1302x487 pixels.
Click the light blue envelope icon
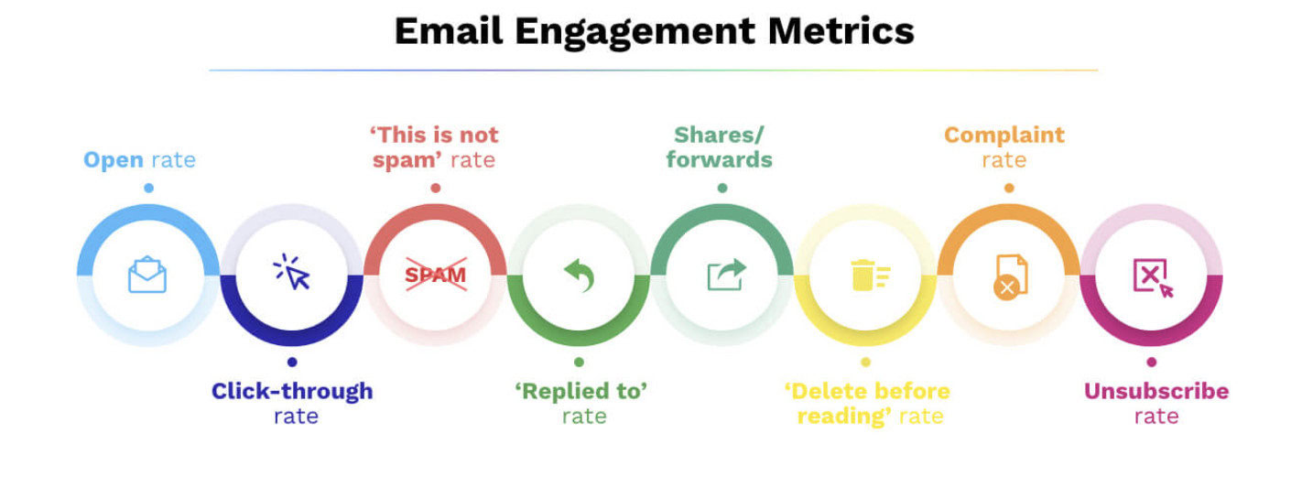(147, 275)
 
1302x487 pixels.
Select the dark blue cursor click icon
(292, 273)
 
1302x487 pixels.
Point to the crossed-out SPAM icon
(436, 274)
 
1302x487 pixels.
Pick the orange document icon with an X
(1010, 276)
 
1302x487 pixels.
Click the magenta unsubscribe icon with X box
(1153, 276)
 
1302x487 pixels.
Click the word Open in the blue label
(114, 160)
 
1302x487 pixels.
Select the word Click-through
(292, 391)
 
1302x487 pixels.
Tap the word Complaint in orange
(1004, 135)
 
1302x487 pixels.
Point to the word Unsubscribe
(1156, 391)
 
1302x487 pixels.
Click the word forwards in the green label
(719, 160)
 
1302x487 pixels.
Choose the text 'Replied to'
(581, 391)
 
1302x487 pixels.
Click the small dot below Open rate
(148, 188)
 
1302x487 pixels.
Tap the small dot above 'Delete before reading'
(866, 362)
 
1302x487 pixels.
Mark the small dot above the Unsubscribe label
(1152, 362)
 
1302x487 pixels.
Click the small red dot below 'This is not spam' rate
(436, 188)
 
